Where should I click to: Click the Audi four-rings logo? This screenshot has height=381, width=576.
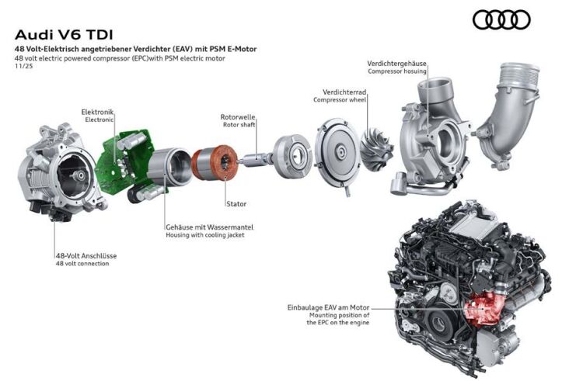[501, 19]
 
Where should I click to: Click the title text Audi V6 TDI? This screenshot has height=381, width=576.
[64, 35]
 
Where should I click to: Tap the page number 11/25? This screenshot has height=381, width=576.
[23, 67]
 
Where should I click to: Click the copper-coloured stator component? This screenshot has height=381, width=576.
[215, 161]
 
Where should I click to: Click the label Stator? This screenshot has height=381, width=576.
[236, 204]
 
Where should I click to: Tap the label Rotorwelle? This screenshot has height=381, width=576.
[238, 117]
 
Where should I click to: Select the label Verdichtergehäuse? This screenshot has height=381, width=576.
[396, 64]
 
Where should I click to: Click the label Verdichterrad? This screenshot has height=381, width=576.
[344, 92]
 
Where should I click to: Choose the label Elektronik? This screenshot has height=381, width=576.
[97, 112]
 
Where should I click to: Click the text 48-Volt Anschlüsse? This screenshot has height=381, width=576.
[86, 255]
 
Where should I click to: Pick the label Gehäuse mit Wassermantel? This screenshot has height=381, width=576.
[209, 227]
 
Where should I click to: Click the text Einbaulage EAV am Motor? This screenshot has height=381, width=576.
[328, 307]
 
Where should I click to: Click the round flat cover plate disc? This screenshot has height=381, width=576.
[337, 154]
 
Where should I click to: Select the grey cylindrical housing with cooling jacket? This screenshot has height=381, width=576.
[169, 167]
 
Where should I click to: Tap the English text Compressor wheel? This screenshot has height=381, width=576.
[340, 100]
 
